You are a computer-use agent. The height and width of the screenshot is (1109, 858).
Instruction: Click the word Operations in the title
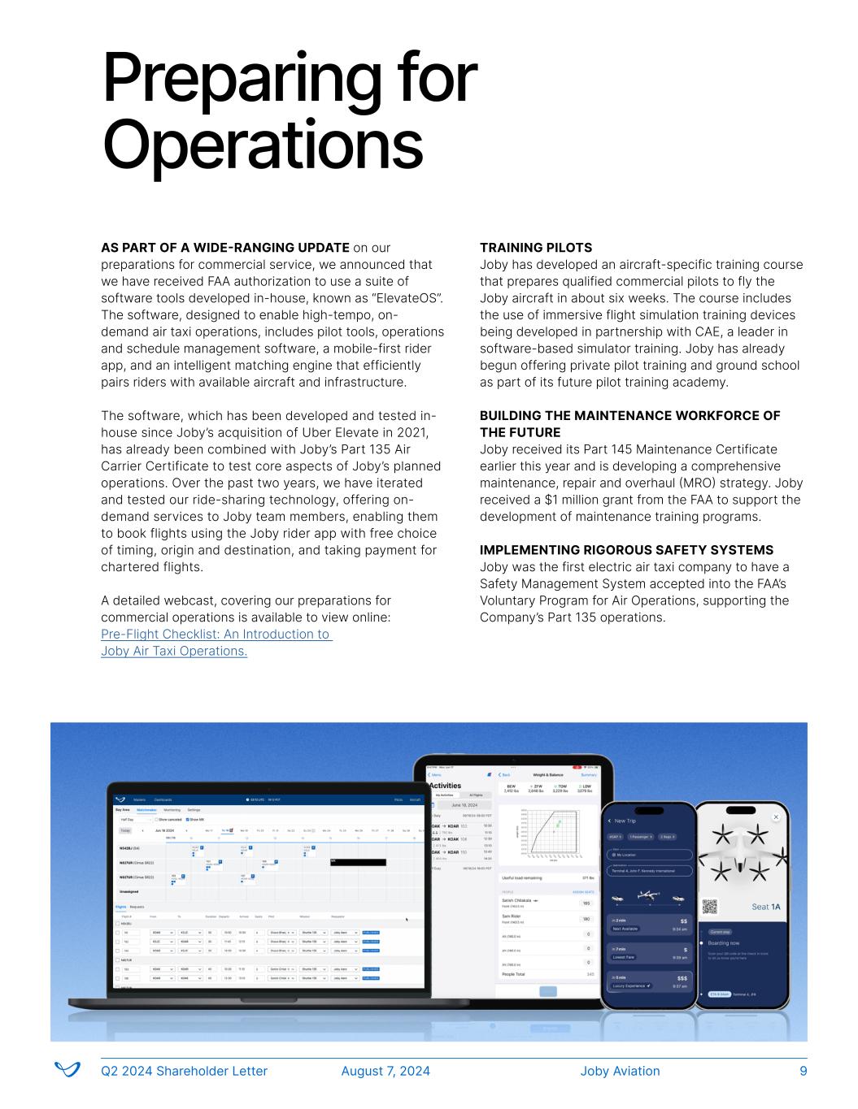click(263, 145)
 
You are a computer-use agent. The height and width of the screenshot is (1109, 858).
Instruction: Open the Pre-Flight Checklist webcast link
click(216, 643)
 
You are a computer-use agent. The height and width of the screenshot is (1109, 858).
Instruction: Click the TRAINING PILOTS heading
click(536, 248)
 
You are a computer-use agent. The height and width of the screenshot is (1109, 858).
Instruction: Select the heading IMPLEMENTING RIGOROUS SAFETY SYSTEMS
click(626, 550)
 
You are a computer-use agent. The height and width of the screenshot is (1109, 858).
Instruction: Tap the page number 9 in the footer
click(804, 1071)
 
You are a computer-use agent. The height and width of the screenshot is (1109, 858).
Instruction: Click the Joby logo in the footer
click(67, 1069)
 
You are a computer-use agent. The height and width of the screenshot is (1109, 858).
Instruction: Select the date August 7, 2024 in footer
click(385, 1071)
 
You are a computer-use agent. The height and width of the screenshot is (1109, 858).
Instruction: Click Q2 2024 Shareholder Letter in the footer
click(184, 1071)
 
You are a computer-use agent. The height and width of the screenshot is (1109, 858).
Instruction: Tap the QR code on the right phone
click(710, 907)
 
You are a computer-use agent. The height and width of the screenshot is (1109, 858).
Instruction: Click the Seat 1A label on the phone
click(766, 907)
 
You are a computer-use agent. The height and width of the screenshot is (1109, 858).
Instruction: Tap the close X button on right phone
click(775, 817)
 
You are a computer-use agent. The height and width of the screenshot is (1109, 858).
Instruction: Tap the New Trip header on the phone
click(631, 821)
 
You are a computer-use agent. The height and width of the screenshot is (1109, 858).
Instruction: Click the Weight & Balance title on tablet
click(547, 775)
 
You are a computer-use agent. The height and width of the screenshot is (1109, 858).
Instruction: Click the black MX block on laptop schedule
click(358, 862)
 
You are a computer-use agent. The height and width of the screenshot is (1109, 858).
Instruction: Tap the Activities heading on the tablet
click(445, 786)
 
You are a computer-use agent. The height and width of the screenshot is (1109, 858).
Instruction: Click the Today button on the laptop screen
click(125, 830)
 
